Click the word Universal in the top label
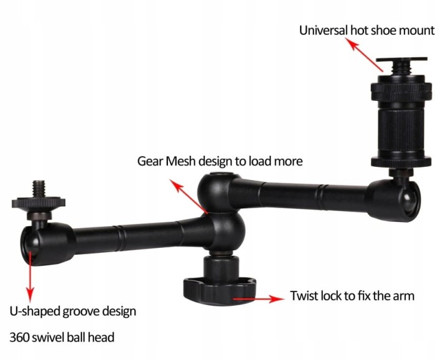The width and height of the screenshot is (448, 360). (324, 31)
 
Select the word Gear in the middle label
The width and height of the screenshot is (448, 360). (151, 161)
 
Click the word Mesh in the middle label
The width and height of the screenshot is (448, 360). (181, 161)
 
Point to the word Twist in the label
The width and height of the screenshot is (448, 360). (304, 296)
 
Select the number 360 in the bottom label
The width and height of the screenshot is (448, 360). (19, 338)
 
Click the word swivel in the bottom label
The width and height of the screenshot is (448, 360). (49, 338)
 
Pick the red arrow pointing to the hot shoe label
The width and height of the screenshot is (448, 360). (364, 55)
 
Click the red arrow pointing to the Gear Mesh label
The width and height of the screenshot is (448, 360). (189, 196)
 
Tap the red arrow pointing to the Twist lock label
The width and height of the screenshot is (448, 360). (259, 299)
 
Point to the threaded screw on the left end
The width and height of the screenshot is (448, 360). (39, 189)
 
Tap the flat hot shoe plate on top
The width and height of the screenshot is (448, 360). (401, 60)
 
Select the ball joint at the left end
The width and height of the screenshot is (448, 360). (30, 244)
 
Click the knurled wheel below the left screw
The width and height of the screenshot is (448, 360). (39, 202)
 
